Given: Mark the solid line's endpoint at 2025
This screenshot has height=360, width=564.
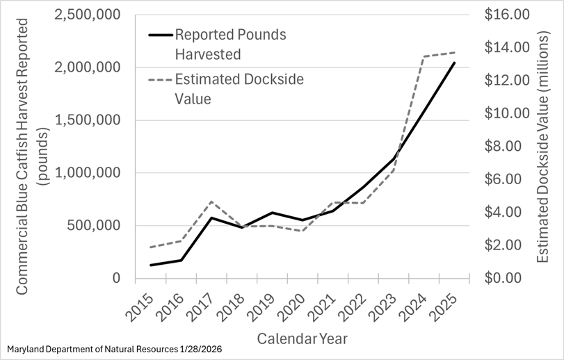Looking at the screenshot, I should click(x=455, y=63).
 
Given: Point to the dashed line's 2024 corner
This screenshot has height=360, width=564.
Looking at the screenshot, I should click(x=425, y=57).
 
